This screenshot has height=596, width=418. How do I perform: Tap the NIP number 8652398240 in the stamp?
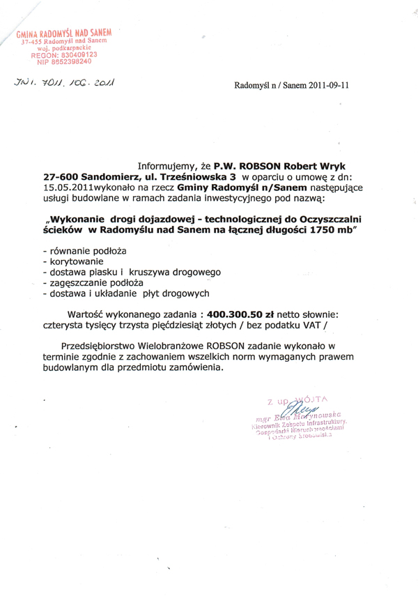coord(69,61)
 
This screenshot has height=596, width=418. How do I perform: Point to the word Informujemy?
coord(165,167)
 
